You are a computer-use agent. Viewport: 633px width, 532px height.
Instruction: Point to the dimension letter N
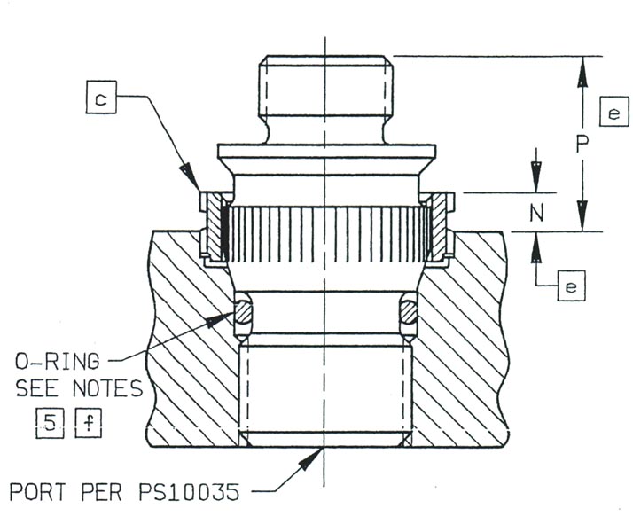(x=536, y=212)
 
